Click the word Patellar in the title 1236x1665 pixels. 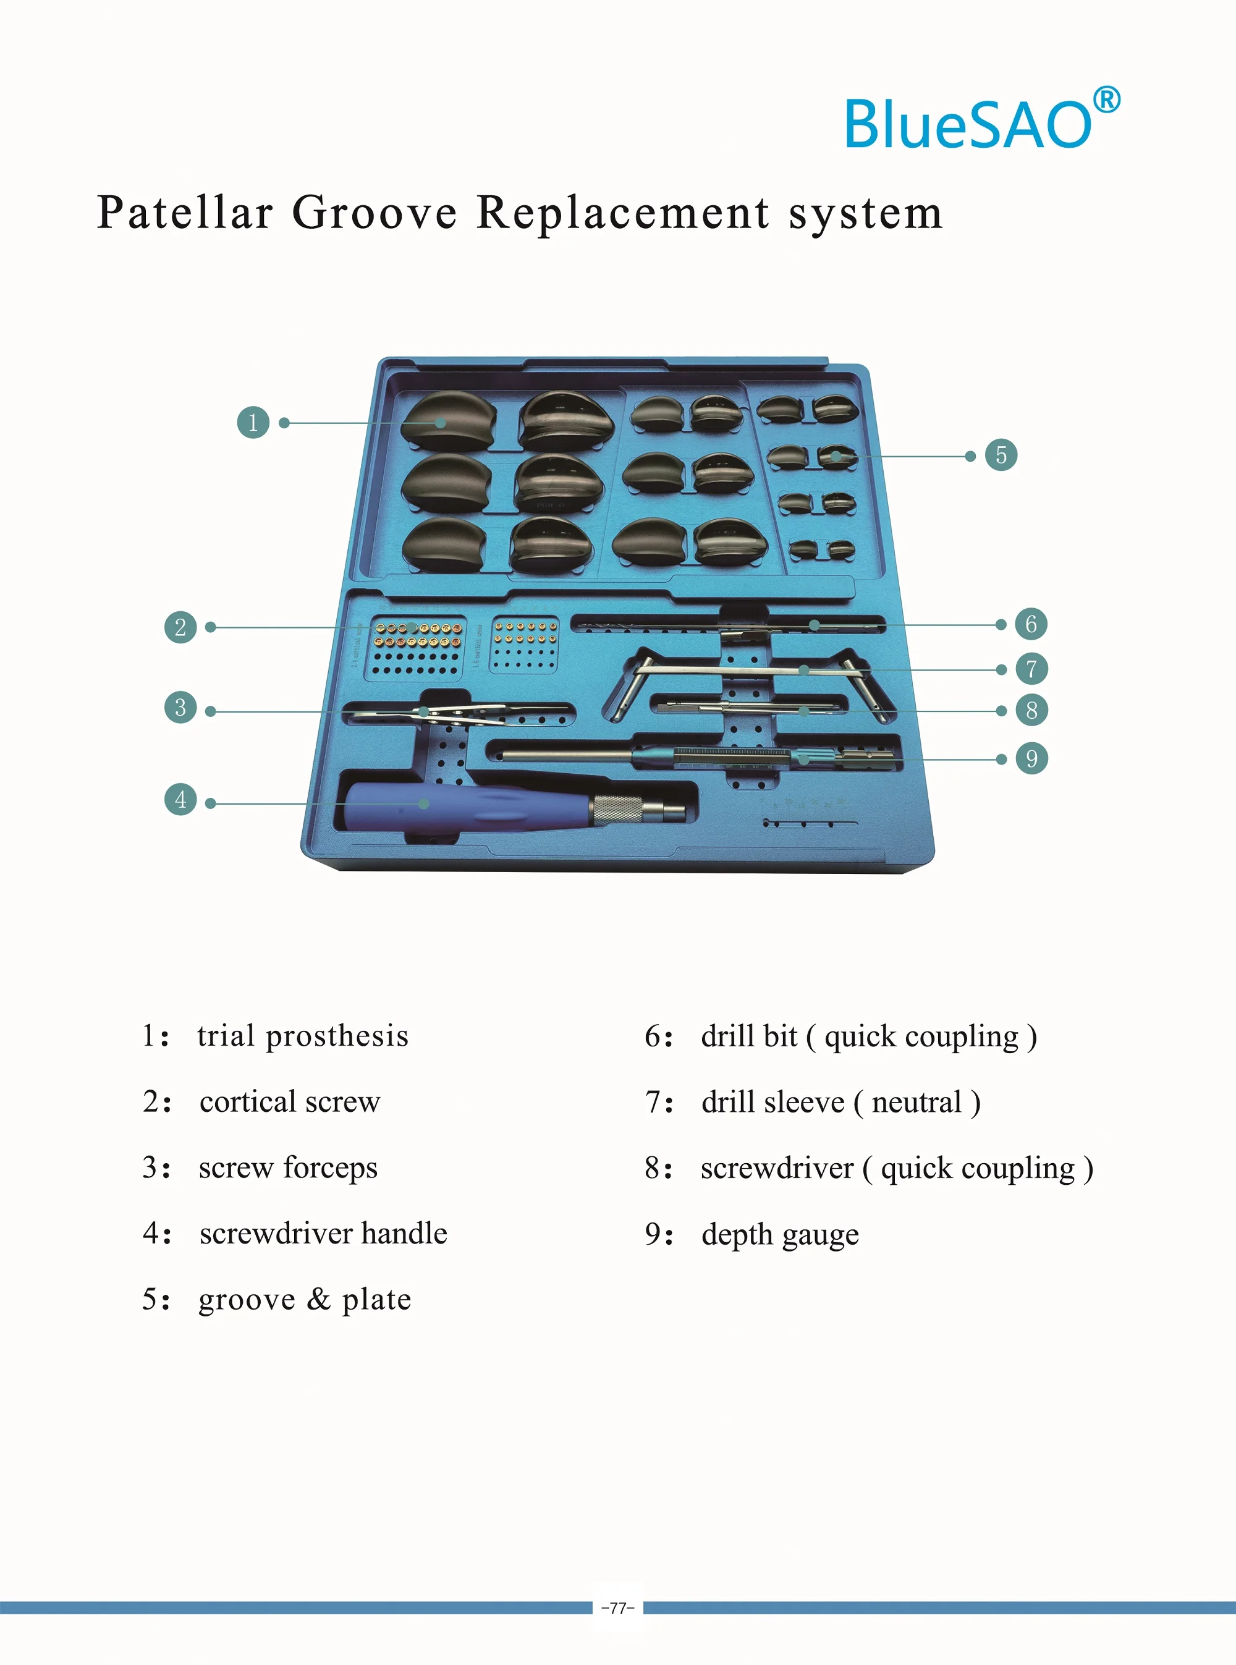click(185, 213)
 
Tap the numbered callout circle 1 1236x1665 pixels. click(253, 422)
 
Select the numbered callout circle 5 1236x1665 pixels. click(1001, 455)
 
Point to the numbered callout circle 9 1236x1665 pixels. click(1031, 759)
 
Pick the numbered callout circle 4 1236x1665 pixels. click(180, 800)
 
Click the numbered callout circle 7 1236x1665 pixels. click(1031, 669)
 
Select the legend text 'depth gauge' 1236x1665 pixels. click(780, 1235)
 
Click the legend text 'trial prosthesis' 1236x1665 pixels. click(302, 1036)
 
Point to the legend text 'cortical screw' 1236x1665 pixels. click(290, 1102)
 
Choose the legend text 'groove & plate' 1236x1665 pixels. click(305, 1300)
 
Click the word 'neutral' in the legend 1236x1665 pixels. click(916, 1102)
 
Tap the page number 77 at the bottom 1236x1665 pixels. click(618, 1608)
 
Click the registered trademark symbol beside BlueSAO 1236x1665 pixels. click(1107, 100)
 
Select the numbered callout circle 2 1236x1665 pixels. click(180, 627)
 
